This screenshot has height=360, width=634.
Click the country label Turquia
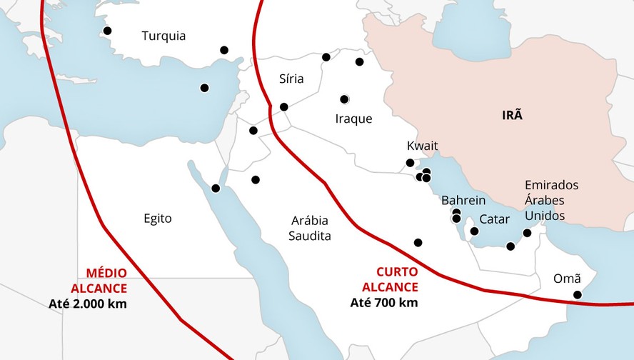(x=163, y=36)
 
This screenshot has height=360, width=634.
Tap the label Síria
(x=291, y=79)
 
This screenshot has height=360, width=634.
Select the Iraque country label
(x=353, y=119)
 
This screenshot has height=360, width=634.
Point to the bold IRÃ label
(x=512, y=115)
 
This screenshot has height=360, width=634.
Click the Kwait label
(x=422, y=146)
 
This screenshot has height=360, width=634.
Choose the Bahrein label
(x=463, y=200)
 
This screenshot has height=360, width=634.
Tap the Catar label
(x=494, y=219)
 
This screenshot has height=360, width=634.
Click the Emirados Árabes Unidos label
(x=551, y=200)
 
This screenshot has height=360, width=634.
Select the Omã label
(x=567, y=279)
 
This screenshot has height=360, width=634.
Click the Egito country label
(x=157, y=219)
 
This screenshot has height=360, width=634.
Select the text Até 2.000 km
(x=88, y=304)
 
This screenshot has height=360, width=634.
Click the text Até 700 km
(x=383, y=302)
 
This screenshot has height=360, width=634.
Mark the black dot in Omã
(x=578, y=294)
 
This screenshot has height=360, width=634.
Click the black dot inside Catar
(x=474, y=231)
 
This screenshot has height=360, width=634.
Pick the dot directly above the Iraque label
(x=344, y=99)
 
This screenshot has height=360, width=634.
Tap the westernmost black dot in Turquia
(x=107, y=31)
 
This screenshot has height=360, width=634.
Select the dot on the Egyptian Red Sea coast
(x=216, y=189)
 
